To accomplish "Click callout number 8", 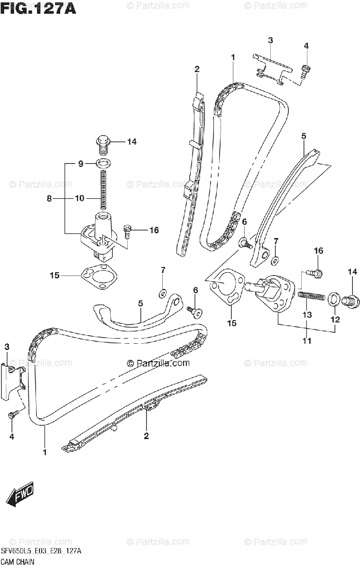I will pyautogui.click(x=49, y=199).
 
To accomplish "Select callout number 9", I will pyautogui.click(x=80, y=164).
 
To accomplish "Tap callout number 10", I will pyautogui.click(x=80, y=199).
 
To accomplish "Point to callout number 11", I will pyautogui.click(x=307, y=340).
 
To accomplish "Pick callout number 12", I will pyautogui.click(x=335, y=320).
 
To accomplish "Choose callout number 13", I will pyautogui.click(x=307, y=315).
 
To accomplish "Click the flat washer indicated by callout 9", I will pyautogui.click(x=103, y=164).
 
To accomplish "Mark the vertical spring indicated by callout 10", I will pyautogui.click(x=103, y=190).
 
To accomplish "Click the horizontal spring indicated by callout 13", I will pyautogui.click(x=311, y=296).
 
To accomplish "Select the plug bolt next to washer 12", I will pyautogui.click(x=351, y=300).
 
